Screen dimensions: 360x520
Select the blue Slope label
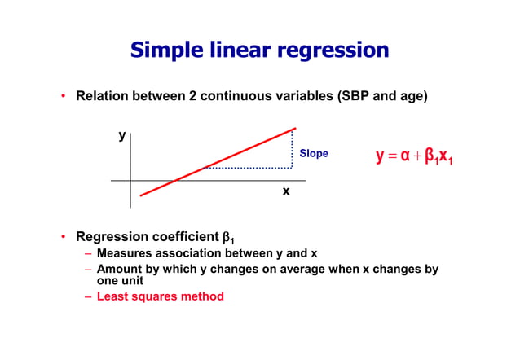(314, 153)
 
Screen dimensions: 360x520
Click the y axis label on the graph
(121, 136)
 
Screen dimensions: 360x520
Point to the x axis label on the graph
(285, 191)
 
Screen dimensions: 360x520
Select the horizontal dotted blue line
(249, 168)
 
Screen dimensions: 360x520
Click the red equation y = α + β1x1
(414, 156)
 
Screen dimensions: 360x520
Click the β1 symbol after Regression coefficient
(228, 238)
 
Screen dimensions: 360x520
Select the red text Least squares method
(160, 296)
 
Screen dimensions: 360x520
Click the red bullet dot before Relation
(63, 96)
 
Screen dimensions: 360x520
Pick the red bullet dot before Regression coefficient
(63, 237)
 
